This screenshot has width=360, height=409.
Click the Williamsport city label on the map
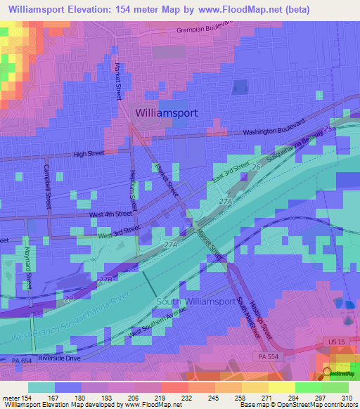pyautogui.click(x=166, y=112)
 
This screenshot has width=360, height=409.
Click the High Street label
pyautogui.click(x=89, y=152)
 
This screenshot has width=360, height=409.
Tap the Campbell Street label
pyautogui.click(x=47, y=186)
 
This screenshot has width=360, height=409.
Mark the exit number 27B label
pyautogui.click(x=105, y=280)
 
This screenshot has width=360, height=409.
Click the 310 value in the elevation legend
pyautogui.click(x=347, y=398)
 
